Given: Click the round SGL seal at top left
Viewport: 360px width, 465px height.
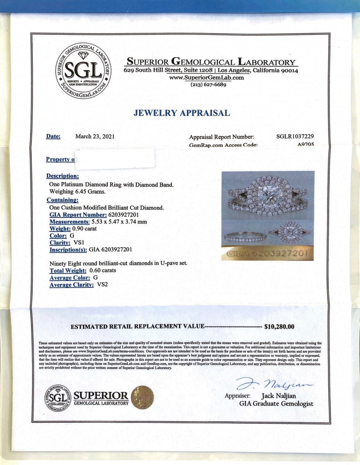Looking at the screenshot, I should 83,71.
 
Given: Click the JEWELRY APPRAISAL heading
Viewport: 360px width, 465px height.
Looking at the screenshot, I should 182,113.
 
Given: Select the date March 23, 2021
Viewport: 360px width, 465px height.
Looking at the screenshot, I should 95,136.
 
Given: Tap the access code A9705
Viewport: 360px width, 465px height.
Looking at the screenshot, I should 305,145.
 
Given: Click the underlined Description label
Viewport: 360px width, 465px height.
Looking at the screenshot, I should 62,176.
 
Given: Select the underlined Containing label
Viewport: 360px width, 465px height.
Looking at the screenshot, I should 62,200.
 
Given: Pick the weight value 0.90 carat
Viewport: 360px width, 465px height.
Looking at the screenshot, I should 82,228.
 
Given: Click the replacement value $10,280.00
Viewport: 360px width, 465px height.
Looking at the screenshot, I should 279,326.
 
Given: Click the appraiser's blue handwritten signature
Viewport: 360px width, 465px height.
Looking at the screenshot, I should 275,384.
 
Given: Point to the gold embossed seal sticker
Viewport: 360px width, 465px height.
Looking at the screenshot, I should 142,398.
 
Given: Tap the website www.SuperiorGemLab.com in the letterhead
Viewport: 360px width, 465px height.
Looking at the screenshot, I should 206,78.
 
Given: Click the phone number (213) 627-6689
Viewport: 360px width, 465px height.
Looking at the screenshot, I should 208,84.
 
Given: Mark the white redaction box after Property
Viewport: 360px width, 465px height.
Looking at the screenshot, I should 115,158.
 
